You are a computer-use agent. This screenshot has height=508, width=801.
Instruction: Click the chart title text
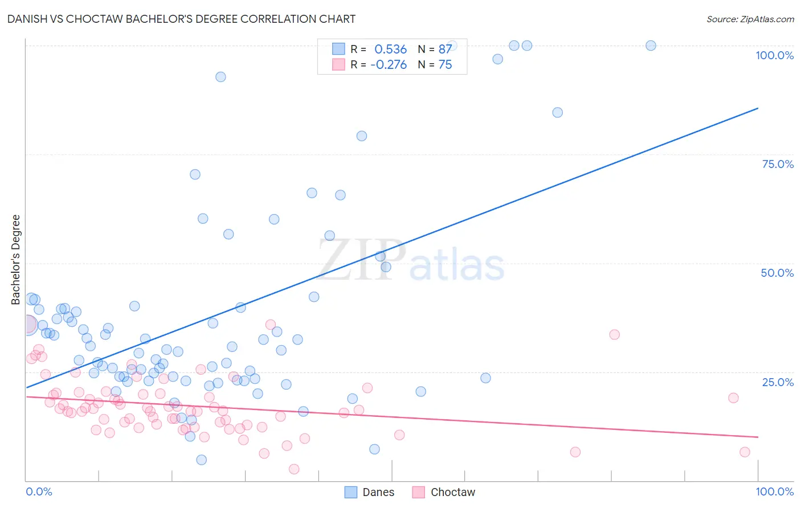click(181, 19)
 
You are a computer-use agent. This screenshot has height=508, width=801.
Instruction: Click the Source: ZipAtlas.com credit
click(750, 19)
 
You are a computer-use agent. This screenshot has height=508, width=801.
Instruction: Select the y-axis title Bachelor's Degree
click(16, 259)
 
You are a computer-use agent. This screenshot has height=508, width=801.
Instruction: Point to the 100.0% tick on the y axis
click(774, 55)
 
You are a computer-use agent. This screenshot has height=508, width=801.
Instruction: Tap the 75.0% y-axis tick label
click(778, 164)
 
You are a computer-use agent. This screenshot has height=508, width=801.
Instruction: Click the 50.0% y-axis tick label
click(777, 273)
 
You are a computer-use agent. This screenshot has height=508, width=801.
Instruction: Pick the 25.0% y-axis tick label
click(778, 382)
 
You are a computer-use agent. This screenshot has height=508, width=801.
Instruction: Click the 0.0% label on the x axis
click(39, 491)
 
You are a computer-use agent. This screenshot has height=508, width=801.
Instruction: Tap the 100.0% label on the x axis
click(774, 491)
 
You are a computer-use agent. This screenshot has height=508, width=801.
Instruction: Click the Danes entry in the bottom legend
click(378, 492)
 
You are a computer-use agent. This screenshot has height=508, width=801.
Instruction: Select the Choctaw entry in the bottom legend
click(452, 492)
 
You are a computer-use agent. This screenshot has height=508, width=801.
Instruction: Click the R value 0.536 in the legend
click(390, 50)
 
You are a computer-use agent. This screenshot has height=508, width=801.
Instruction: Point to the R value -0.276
click(389, 65)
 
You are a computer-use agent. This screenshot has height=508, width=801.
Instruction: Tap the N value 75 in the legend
click(445, 65)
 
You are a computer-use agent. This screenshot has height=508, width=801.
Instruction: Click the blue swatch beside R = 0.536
click(338, 49)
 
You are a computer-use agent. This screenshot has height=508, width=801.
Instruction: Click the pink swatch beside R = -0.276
click(338, 64)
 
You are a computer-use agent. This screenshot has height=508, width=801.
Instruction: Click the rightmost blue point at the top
click(651, 46)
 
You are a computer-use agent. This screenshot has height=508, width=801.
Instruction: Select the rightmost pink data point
click(745, 452)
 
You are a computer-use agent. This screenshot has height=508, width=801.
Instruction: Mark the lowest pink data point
click(294, 469)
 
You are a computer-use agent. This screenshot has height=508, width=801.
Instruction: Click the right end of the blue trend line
click(758, 108)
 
